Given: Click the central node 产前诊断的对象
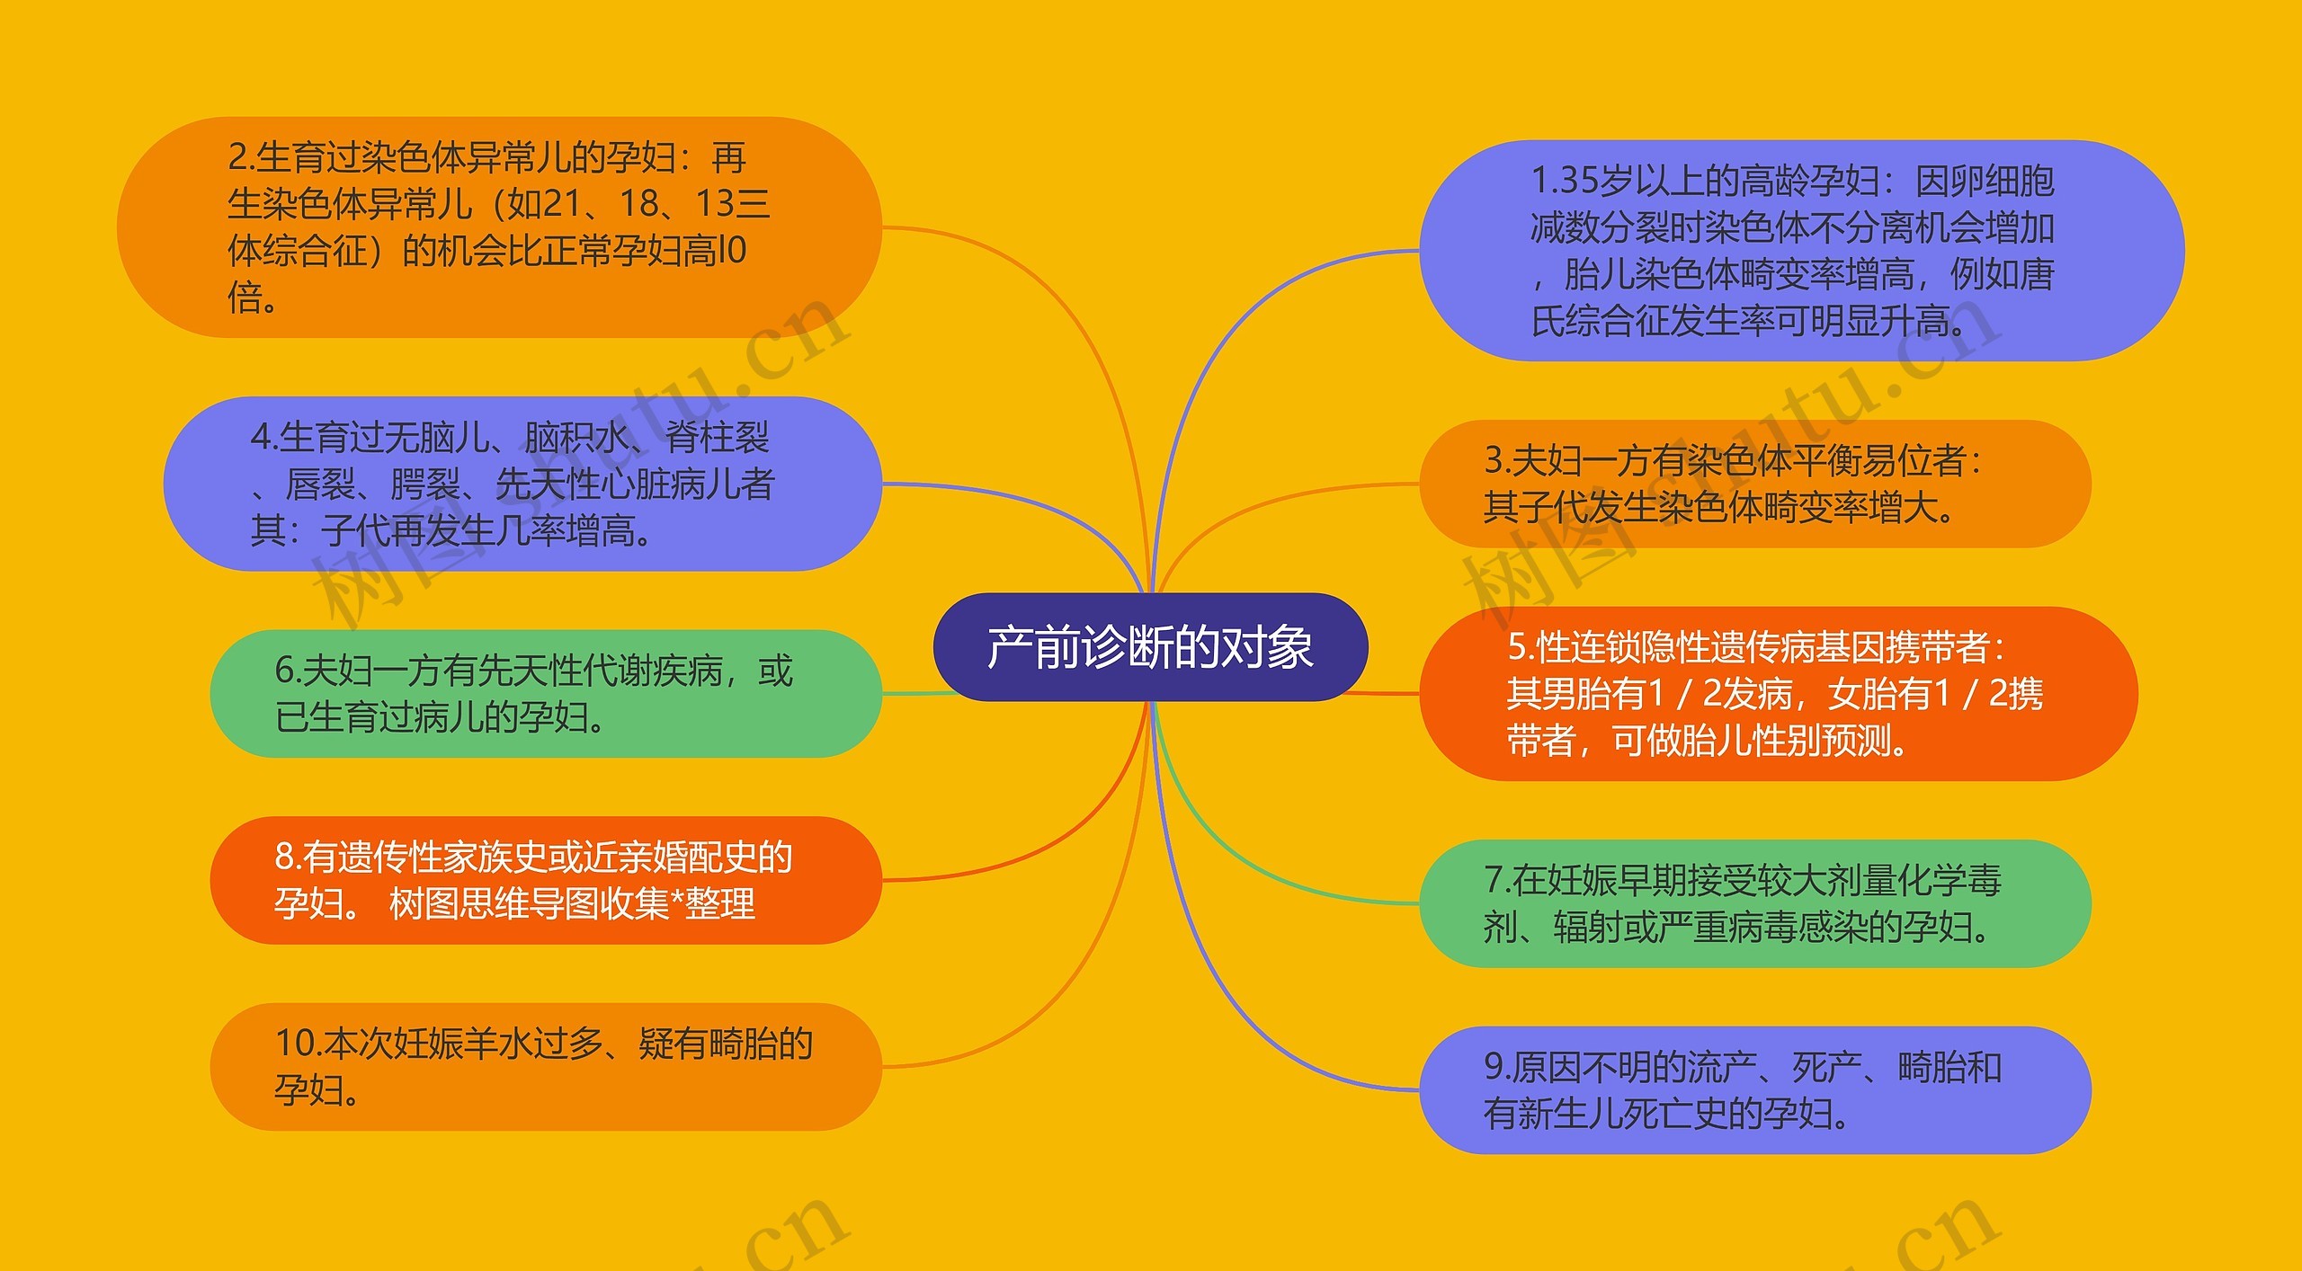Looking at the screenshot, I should point(1150,647).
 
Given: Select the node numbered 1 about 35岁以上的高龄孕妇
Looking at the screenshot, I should point(1801,251).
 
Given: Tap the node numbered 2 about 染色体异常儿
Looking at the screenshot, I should point(499,227).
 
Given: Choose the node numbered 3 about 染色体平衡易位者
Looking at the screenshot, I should point(1754,484).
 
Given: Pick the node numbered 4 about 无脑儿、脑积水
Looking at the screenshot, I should point(522,484).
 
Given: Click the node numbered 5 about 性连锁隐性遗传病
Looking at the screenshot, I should point(1778,694).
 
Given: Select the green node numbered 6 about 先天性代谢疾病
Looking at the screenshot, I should point(545,694).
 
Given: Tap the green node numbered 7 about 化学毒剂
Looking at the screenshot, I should point(1754,903).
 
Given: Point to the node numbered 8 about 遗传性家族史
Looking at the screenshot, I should point(545,880).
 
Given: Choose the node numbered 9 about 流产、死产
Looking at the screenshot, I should point(1754,1090).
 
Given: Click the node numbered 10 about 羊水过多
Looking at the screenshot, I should point(545,1067).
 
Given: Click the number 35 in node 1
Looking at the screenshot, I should point(1578,182).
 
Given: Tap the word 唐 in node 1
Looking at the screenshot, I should point(2037,274).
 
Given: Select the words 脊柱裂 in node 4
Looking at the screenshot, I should point(717,438).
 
